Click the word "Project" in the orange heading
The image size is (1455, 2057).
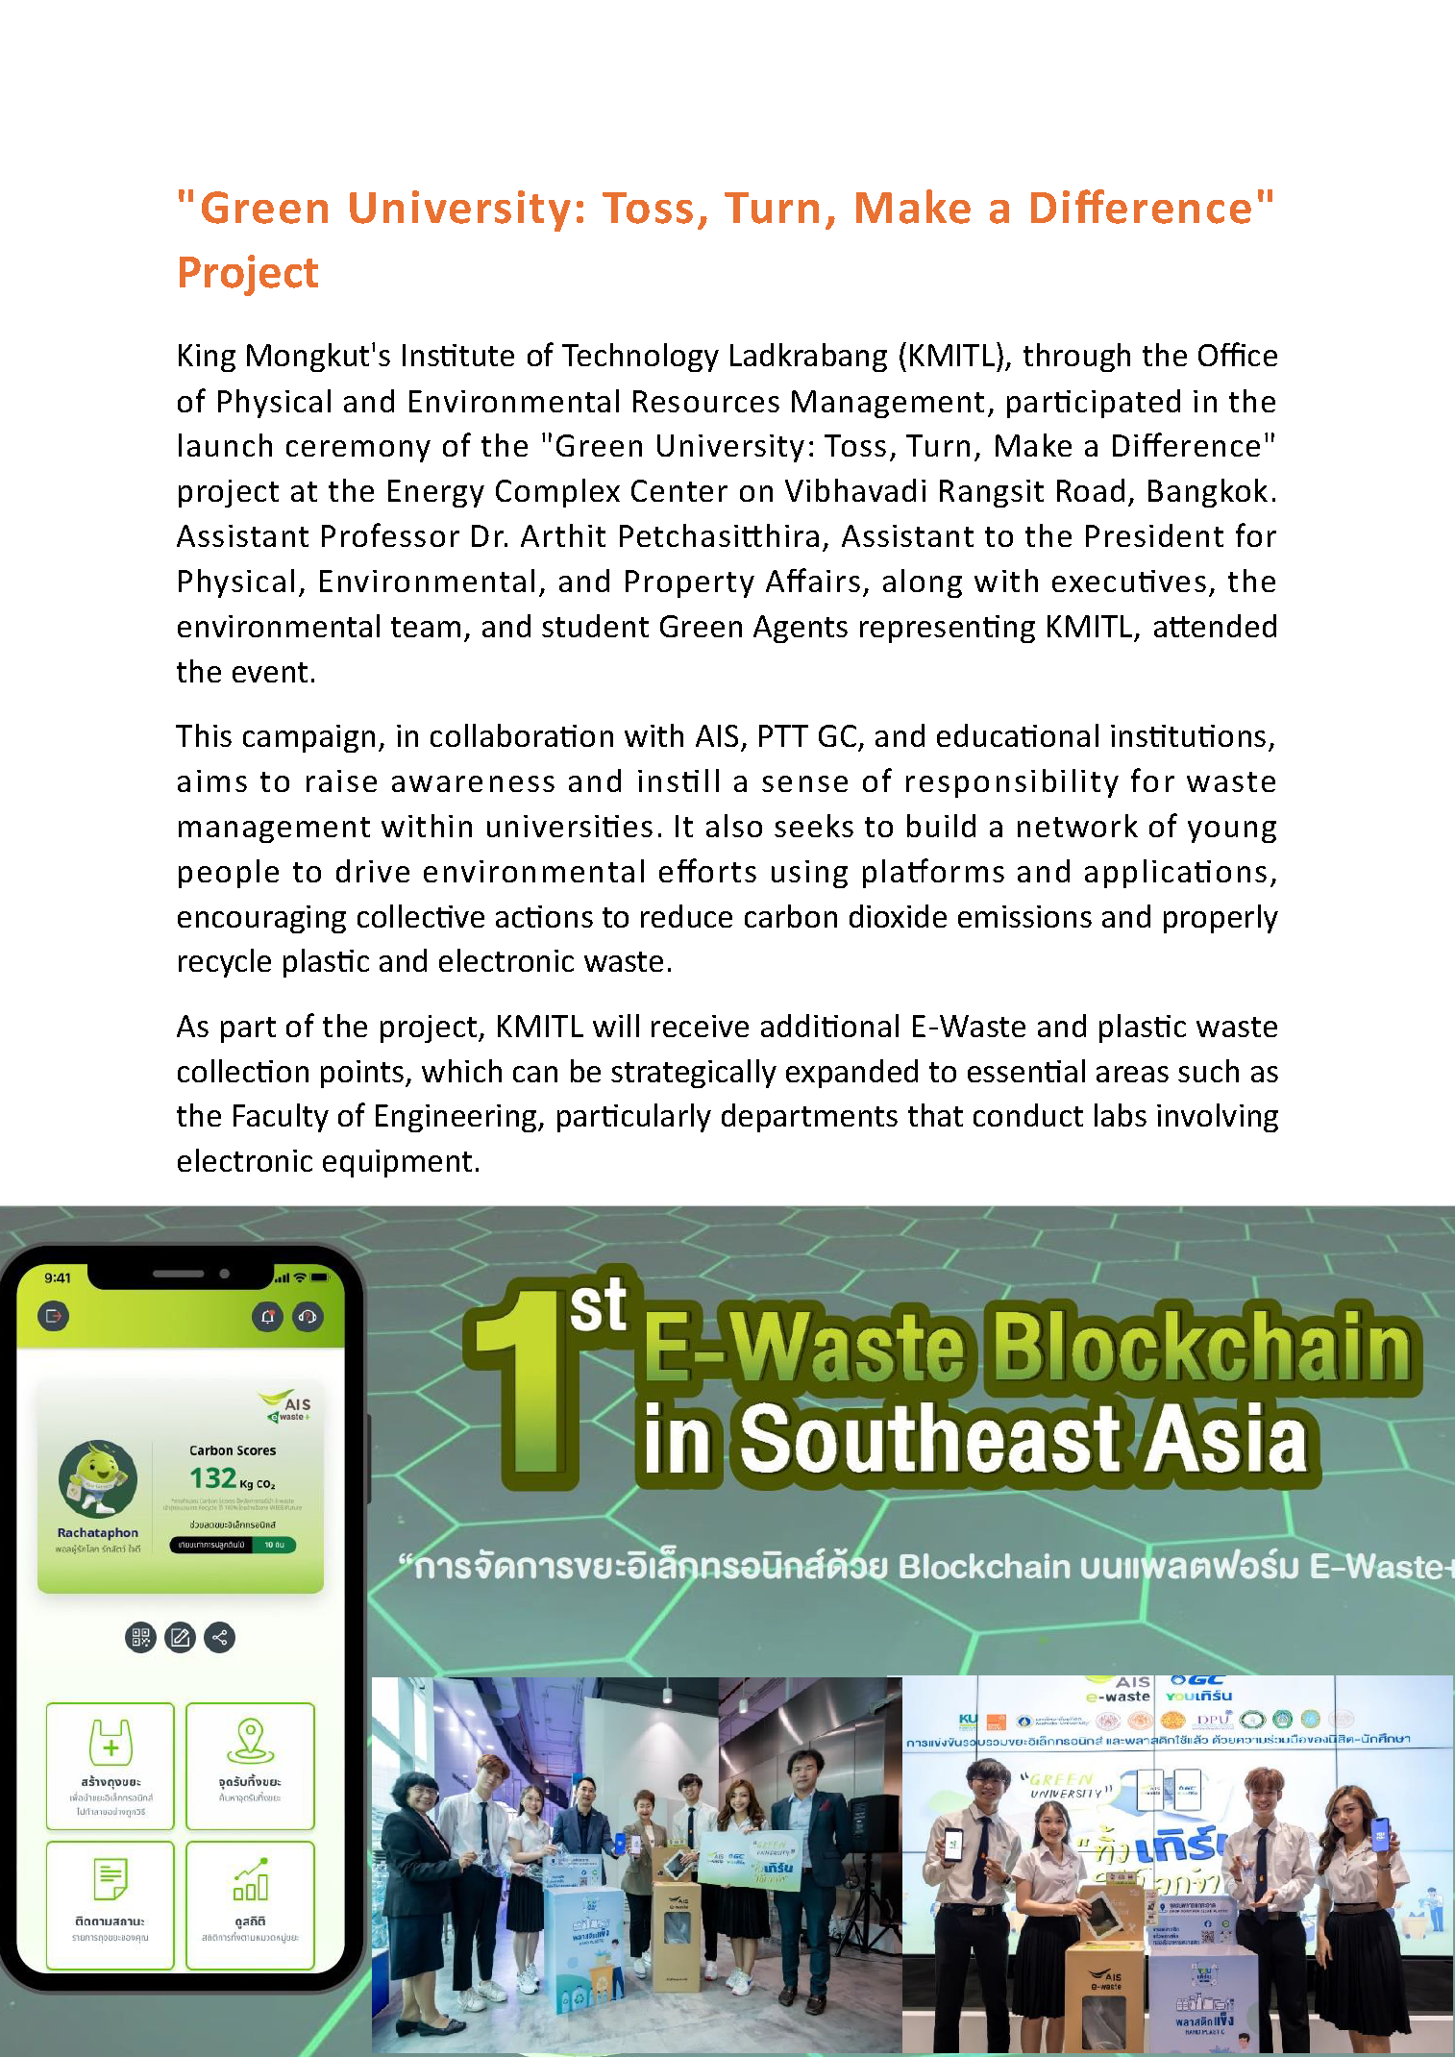[247, 273]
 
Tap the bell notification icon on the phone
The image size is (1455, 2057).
[268, 1317]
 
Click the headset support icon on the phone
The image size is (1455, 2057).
[308, 1317]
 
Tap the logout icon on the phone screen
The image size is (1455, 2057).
[54, 1316]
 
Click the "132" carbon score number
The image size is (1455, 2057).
[212, 1477]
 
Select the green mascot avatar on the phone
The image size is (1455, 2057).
[98, 1478]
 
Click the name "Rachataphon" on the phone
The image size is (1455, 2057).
[97, 1533]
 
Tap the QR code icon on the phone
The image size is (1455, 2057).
[140, 1637]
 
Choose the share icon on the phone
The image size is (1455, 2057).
[220, 1637]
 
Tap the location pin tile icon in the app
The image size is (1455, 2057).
[250, 1742]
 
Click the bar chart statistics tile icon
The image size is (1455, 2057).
[250, 1880]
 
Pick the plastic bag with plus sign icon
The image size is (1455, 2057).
[111, 1742]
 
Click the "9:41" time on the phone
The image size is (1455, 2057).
[58, 1277]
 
